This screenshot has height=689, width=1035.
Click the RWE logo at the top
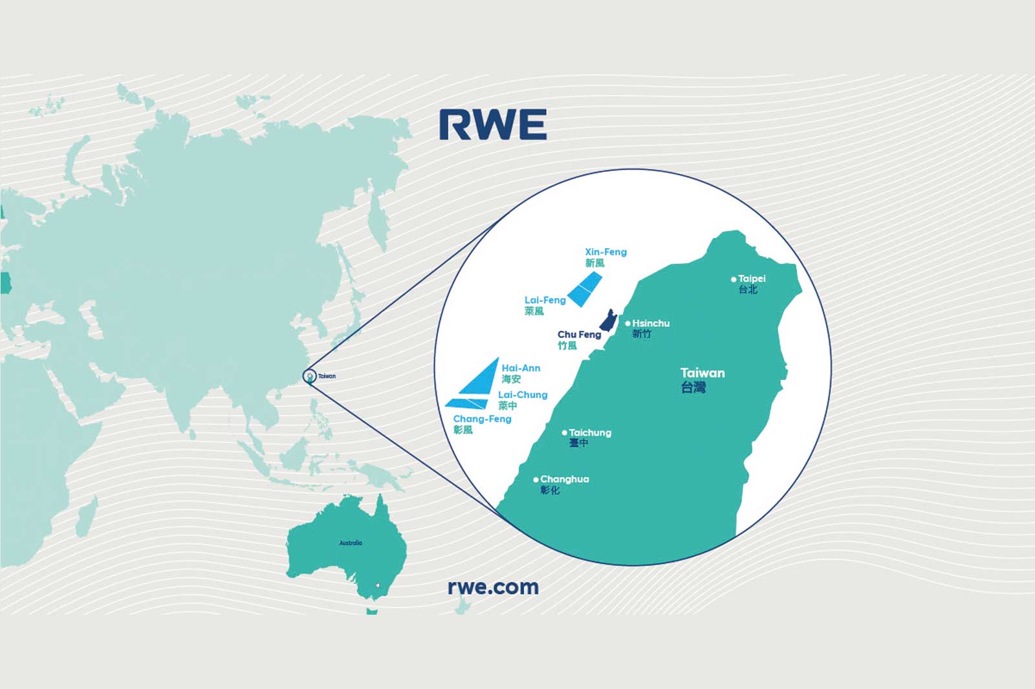493,125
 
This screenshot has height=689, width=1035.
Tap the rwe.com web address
493,587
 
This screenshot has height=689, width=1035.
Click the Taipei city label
751,279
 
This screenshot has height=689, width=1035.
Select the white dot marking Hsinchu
627,323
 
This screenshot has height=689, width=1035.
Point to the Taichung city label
589,432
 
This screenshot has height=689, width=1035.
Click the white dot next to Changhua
536,480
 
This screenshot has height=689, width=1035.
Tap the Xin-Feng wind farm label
605,252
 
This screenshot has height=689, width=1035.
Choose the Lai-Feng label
545,300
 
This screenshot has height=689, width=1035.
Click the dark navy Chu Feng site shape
608,321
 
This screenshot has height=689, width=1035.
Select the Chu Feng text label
579,335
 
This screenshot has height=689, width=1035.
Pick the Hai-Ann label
521,368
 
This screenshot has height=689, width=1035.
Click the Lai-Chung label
523,395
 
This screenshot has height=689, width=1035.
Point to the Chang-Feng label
482,419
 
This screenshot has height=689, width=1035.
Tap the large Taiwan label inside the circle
703,373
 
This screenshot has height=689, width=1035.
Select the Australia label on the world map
351,543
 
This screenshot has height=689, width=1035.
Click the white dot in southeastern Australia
378,586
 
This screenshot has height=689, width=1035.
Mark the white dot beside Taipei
733,279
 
